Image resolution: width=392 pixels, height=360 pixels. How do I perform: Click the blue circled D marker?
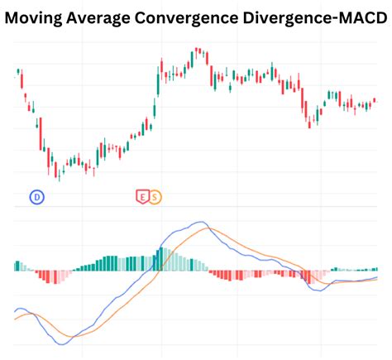pyautogui.click(x=36, y=196)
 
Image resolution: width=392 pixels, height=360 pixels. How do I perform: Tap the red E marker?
pyautogui.click(x=141, y=196)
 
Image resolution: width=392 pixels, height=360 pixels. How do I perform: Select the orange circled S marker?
pyautogui.click(x=155, y=196)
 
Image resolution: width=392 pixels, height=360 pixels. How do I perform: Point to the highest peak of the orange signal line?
pyautogui.click(x=212, y=229)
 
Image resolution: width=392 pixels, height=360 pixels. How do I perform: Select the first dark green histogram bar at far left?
pyautogui.click(x=16, y=266)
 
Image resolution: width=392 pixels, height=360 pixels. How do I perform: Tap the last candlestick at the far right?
pyautogui.click(x=374, y=100)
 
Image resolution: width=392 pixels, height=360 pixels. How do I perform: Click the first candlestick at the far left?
pyautogui.click(x=18, y=72)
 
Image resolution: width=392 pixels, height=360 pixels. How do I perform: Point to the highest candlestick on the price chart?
pyautogui.click(x=197, y=52)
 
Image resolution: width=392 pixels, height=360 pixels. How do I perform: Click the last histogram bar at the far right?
pyautogui.click(x=376, y=269)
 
